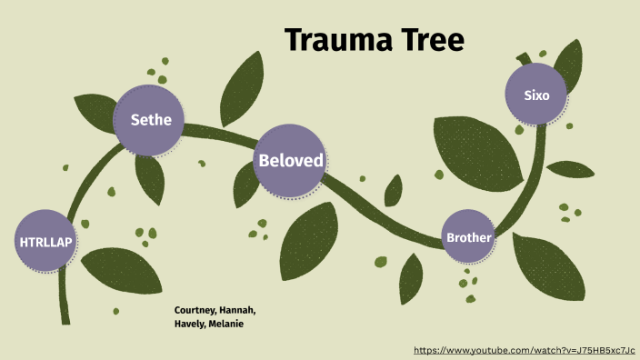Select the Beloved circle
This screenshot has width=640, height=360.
[290, 161]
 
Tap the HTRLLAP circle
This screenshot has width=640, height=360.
[45, 242]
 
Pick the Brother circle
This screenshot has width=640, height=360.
[468, 238]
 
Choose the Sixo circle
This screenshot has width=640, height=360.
[536, 95]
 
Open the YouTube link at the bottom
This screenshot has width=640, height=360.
[524, 350]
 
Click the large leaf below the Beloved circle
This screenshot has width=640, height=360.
[308, 239]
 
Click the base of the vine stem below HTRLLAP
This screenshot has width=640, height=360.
[64, 314]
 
